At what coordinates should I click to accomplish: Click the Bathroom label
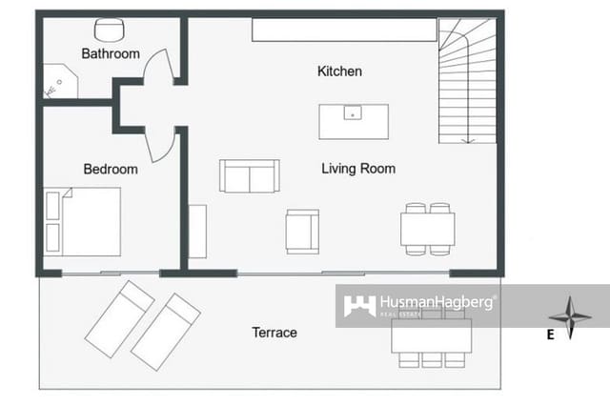pos(111,54)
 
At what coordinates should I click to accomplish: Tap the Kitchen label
pos(339,71)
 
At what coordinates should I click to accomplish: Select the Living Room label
pos(358,169)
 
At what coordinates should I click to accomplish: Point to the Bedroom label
pos(111,170)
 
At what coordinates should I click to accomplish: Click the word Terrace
pos(274,333)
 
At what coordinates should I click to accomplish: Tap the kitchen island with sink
pos(354,122)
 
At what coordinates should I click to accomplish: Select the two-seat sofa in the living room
pos(249,176)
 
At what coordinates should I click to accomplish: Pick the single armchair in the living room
pos(302,232)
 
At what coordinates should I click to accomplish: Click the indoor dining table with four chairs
pos(427,229)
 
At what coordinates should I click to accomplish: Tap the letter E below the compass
pos(550,335)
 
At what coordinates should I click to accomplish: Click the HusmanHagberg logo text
pos(437,302)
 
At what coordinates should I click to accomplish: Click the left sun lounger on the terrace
pos(119,318)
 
